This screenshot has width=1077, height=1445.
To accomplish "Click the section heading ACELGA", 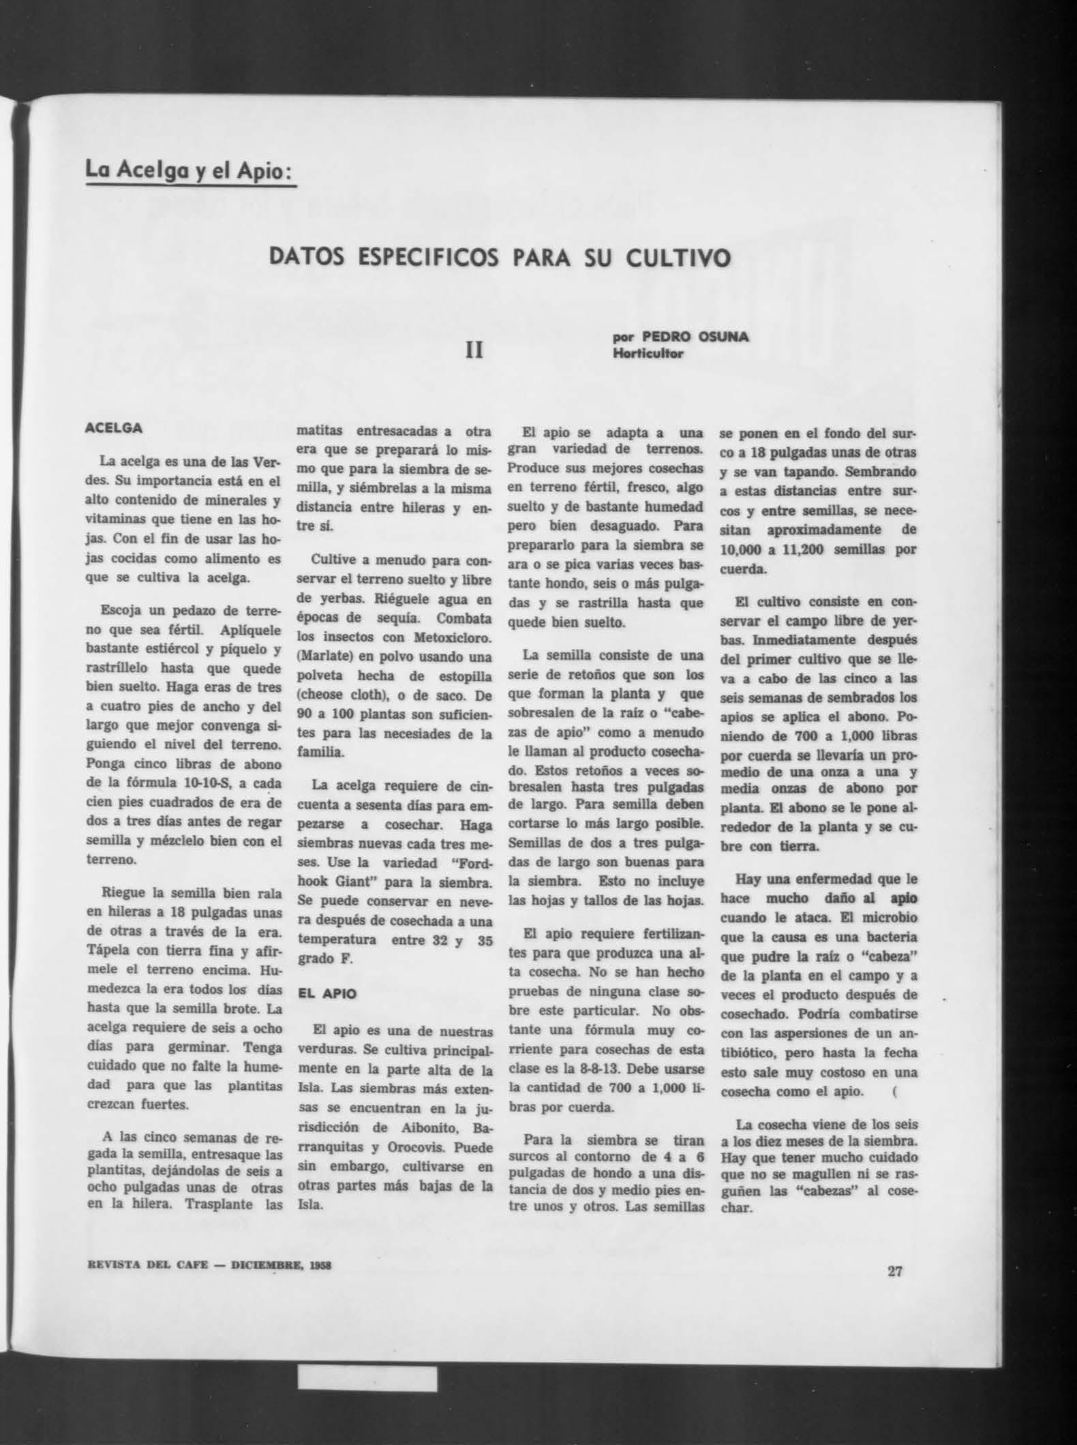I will [113, 429].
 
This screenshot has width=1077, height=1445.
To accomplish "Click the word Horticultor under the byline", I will [647, 353].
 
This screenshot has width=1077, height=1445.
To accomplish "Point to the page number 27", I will [894, 1271].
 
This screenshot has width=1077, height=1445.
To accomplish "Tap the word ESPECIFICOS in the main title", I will [427, 259].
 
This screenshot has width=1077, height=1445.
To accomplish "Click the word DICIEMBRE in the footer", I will [265, 1266].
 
